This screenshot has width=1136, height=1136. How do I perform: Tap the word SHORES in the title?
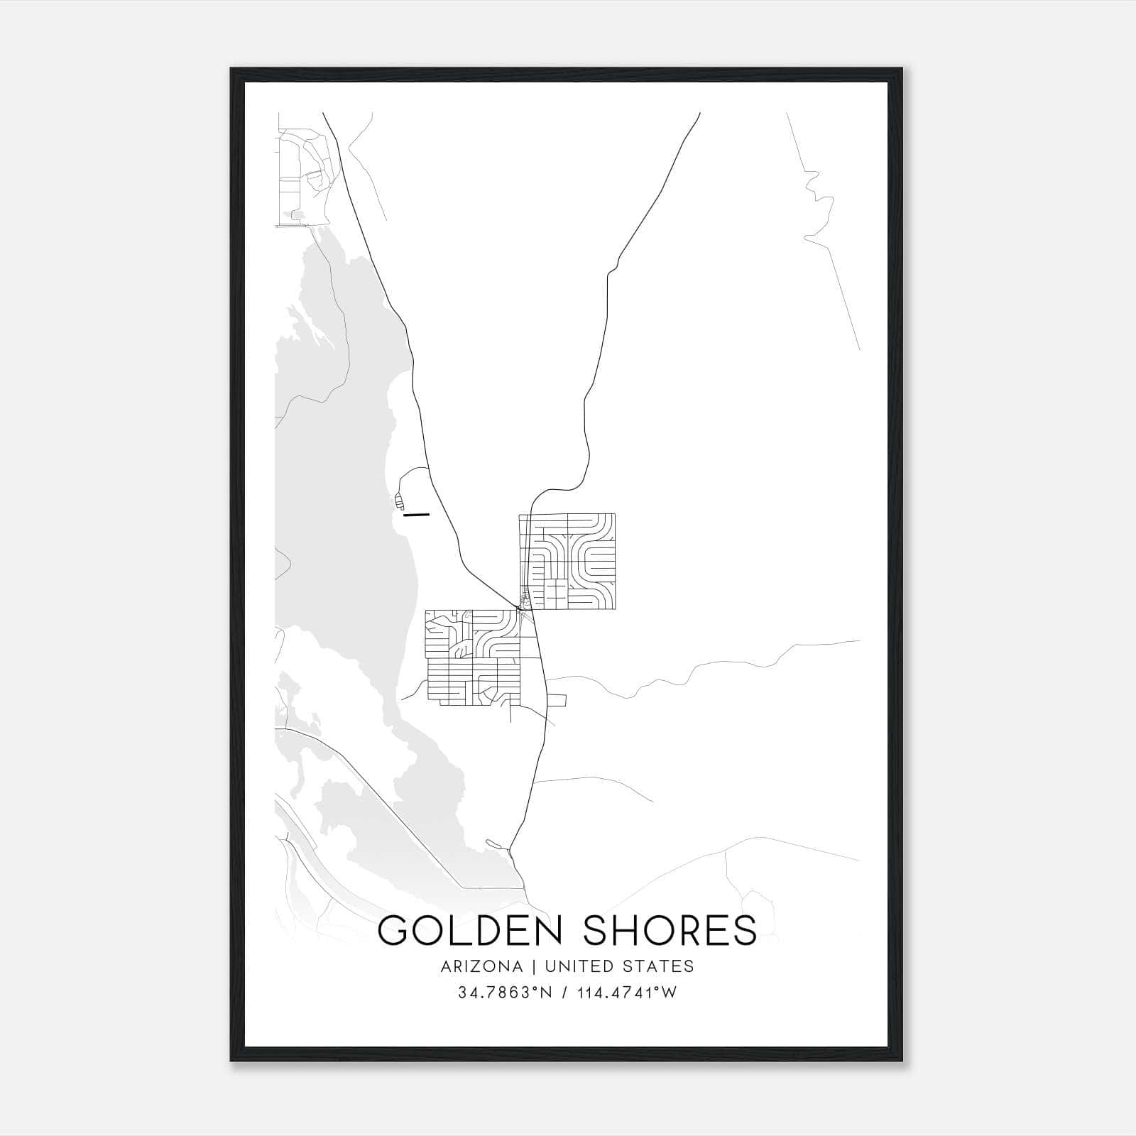(x=670, y=930)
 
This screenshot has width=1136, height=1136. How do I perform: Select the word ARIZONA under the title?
(x=481, y=966)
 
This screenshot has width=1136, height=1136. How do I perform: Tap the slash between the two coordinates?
(x=564, y=993)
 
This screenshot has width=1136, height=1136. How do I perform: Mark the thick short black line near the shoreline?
(x=416, y=514)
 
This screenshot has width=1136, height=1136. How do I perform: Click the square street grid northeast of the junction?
(x=567, y=561)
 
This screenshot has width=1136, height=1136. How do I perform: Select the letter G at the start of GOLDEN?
(x=393, y=930)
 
